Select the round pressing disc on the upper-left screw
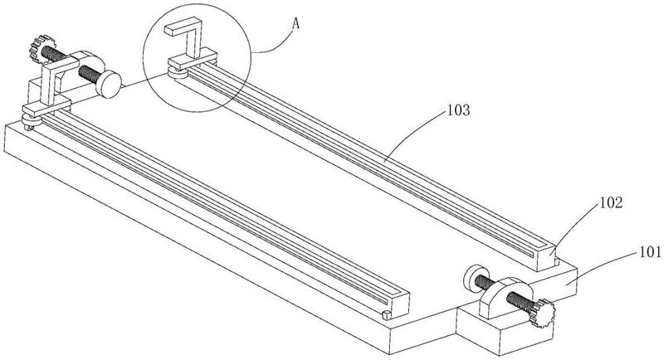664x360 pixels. click(x=108, y=83)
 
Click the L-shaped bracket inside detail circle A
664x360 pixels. click(x=191, y=41)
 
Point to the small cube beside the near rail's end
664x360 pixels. click(x=386, y=315)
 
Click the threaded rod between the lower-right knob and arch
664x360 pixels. click(x=523, y=304)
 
